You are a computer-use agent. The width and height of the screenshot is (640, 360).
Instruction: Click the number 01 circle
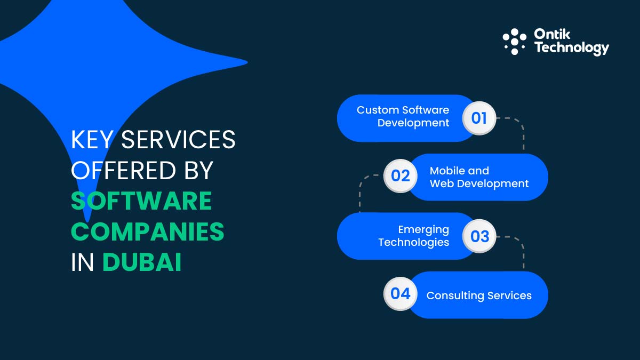click(479, 118)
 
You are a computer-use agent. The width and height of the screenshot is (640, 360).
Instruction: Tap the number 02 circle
click(400, 176)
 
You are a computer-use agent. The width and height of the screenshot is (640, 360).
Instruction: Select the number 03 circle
click(479, 236)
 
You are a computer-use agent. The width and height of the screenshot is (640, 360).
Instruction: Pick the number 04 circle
click(400, 294)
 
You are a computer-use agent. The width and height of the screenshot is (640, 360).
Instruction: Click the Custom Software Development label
click(403, 116)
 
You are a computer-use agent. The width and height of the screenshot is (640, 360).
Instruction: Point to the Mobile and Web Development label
click(479, 177)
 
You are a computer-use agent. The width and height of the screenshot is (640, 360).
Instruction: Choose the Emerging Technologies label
click(413, 236)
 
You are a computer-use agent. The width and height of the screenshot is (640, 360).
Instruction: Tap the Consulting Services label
click(479, 295)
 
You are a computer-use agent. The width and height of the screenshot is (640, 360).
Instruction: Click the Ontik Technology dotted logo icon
click(514, 42)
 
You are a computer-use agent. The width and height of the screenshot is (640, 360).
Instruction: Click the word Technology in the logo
click(571, 48)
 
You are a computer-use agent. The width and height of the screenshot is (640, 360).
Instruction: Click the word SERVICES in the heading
click(178, 140)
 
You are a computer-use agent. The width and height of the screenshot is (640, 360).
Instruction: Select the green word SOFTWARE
click(141, 202)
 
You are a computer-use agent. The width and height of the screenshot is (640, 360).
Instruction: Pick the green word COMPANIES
click(148, 232)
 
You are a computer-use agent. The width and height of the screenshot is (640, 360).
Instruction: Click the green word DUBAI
click(142, 263)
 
